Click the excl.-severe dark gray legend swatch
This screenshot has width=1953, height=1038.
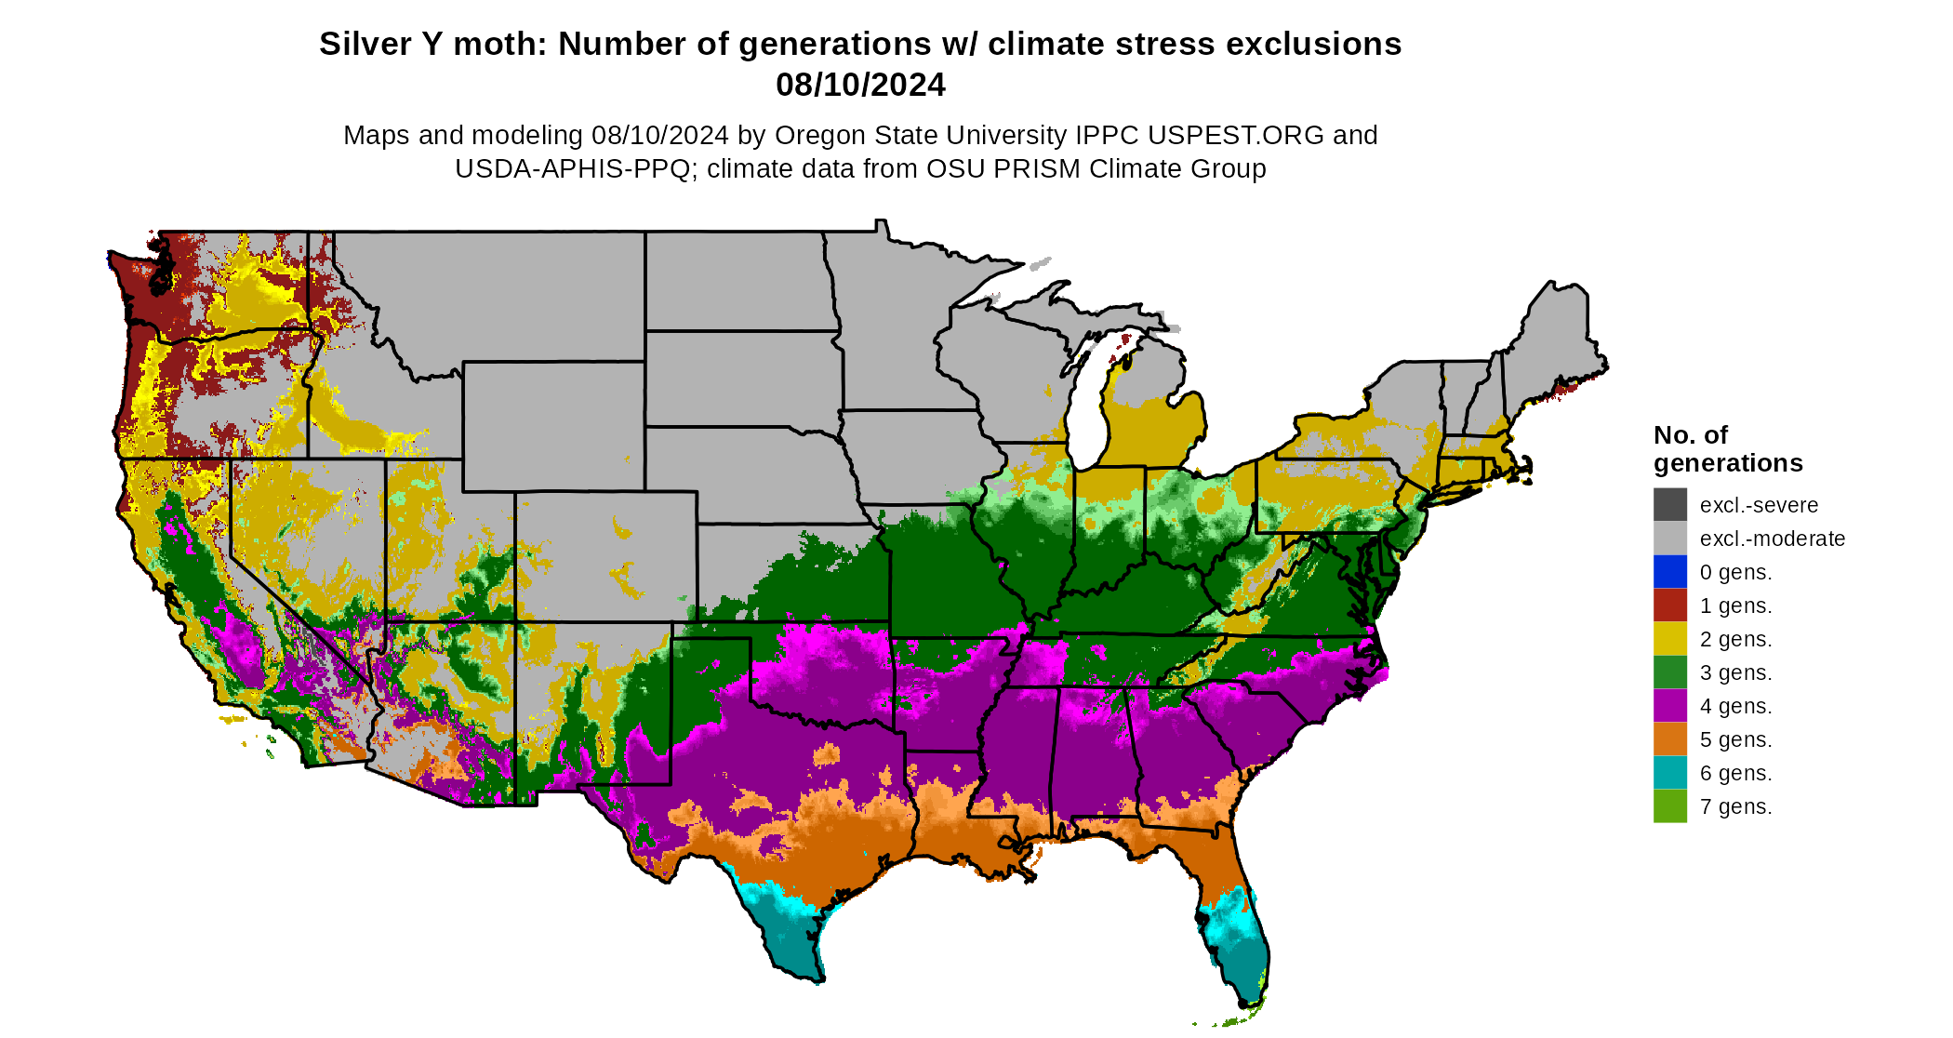point(1669,505)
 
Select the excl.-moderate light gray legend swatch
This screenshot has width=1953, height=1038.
point(1669,539)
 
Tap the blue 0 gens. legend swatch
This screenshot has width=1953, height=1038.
point(1669,572)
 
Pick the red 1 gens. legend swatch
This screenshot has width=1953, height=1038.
point(1669,605)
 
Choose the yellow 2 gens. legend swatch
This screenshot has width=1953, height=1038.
point(1669,639)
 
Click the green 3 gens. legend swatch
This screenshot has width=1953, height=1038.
point(1669,672)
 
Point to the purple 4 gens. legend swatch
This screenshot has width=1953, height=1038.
point(1669,706)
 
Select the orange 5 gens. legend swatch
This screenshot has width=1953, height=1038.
point(1669,739)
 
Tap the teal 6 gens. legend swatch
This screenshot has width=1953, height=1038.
point(1669,773)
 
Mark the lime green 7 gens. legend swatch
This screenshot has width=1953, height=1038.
point(1669,806)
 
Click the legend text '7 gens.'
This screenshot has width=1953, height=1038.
point(1735,806)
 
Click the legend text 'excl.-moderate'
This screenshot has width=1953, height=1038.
point(1772,539)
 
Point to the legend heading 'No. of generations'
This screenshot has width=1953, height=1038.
point(1727,448)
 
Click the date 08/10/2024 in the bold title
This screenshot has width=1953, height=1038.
point(860,85)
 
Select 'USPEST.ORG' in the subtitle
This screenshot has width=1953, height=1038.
point(1235,135)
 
